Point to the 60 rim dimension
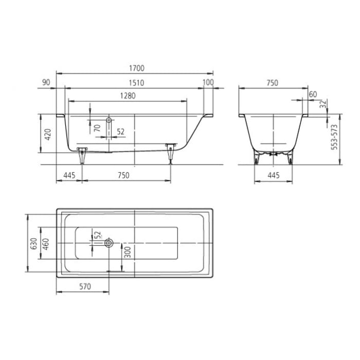click(313, 94)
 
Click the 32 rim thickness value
click(322, 104)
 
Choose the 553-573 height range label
click(334, 137)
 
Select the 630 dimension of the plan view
click(33, 243)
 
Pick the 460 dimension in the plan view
click(45, 243)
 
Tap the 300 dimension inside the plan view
click(127, 252)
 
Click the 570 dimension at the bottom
click(85, 287)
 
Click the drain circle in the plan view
click(109, 243)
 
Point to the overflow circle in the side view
click(109, 119)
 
